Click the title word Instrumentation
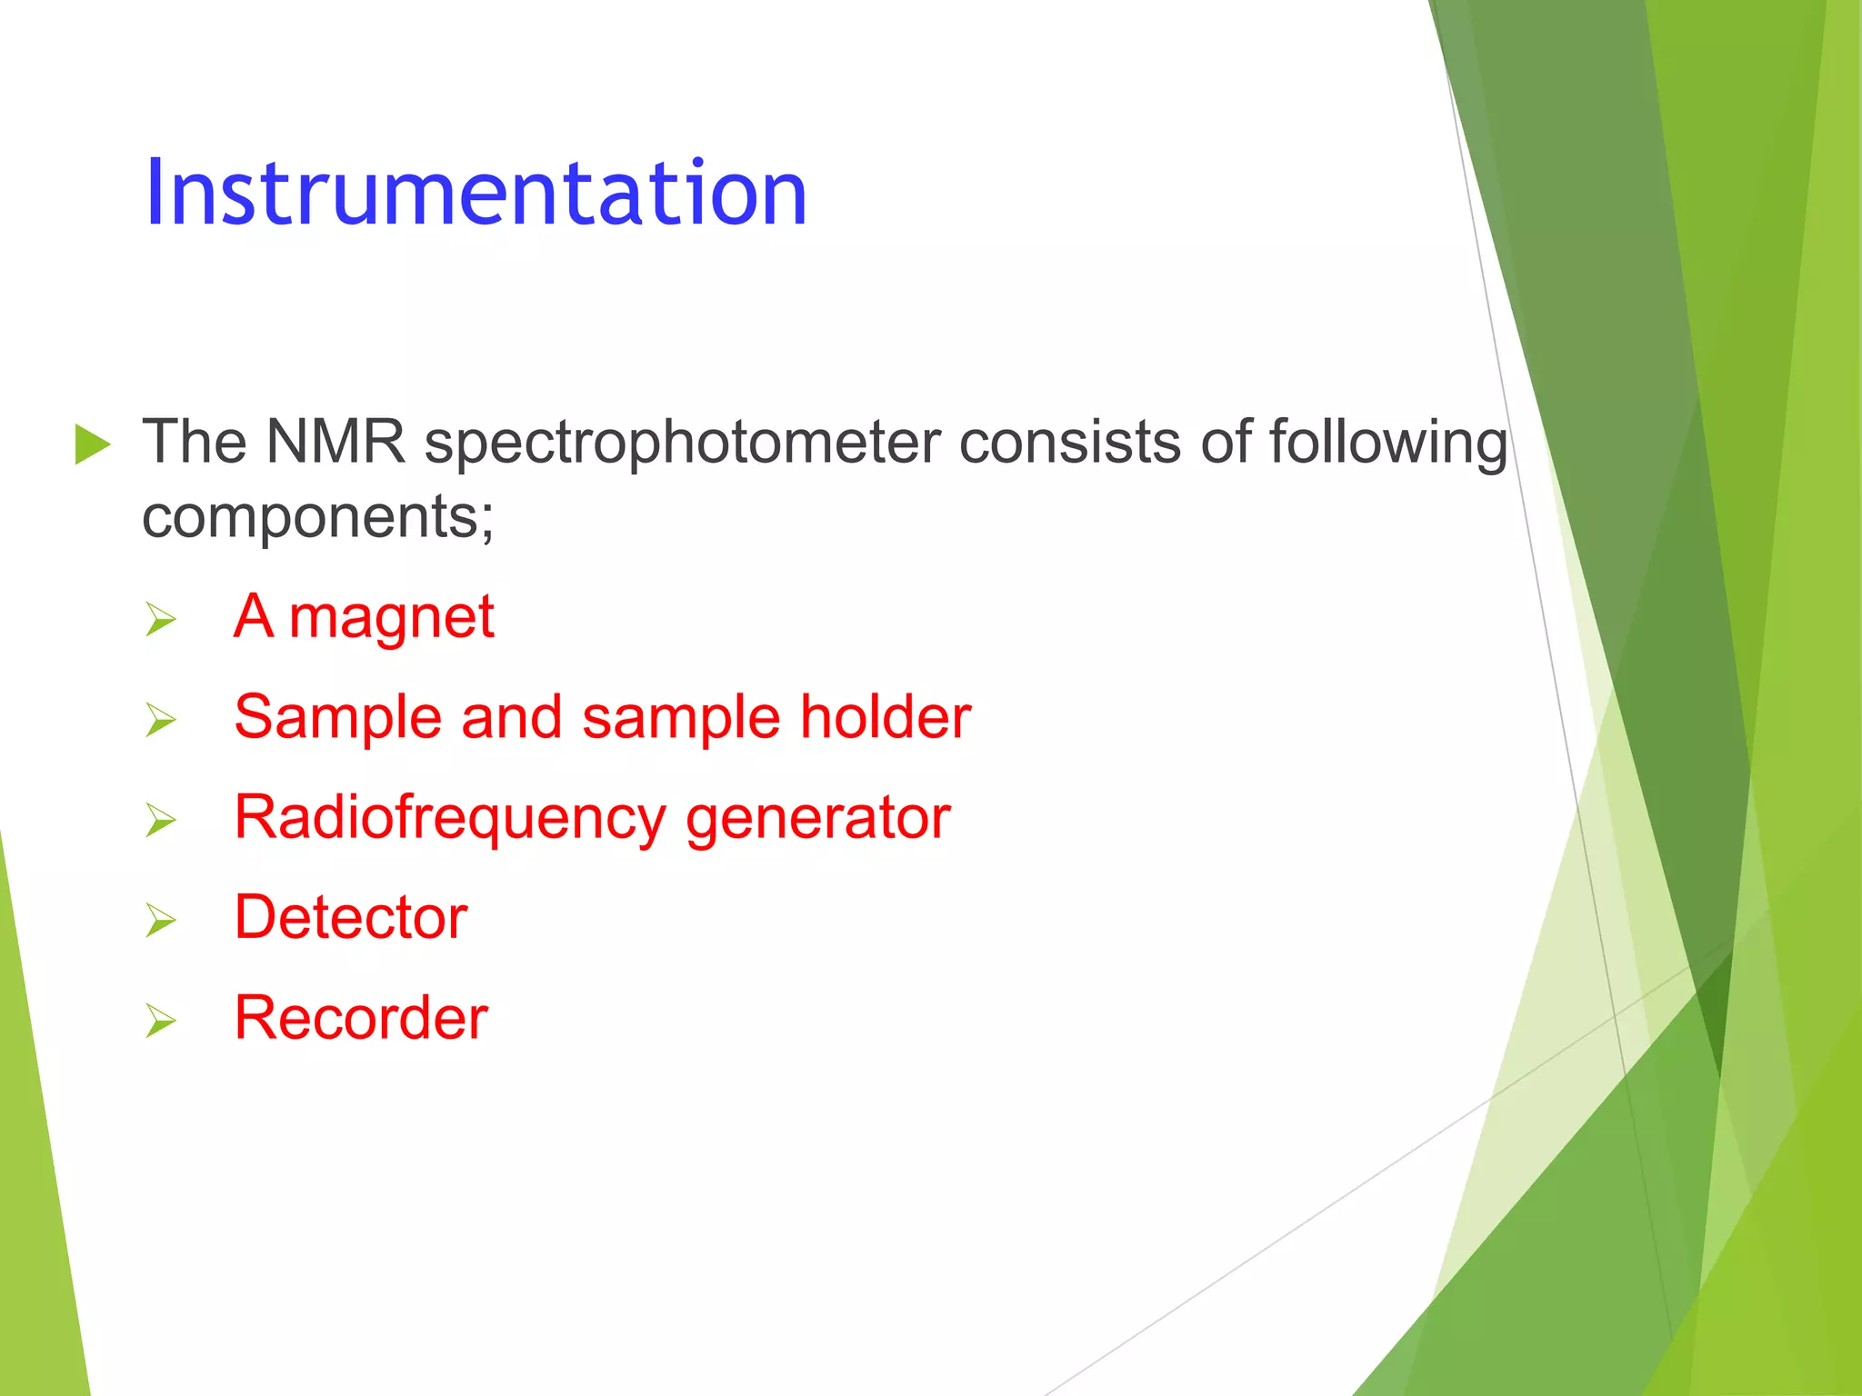coord(476,193)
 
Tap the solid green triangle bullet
coord(92,444)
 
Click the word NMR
coord(335,443)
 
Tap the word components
coord(317,518)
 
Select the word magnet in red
coord(391,619)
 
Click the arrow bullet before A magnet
coord(161,621)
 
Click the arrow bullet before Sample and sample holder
coord(161,721)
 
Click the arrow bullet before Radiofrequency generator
coord(161,821)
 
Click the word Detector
coord(351,917)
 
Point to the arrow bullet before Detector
coord(161,921)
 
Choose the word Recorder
coord(361,1018)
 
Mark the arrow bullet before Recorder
coord(161,1022)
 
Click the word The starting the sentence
coord(194,443)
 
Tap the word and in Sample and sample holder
coord(512,717)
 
